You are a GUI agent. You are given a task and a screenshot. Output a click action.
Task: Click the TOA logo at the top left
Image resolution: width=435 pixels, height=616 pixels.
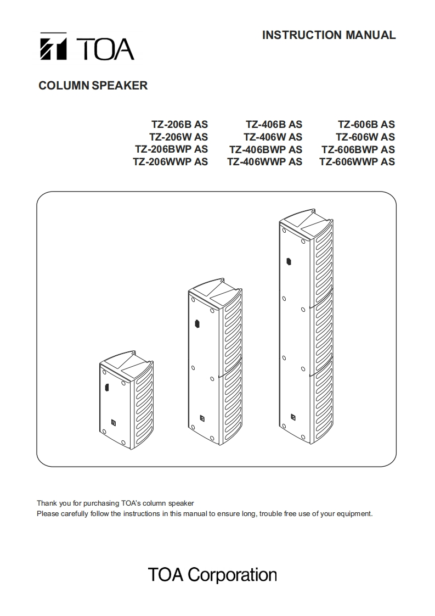[x=86, y=48]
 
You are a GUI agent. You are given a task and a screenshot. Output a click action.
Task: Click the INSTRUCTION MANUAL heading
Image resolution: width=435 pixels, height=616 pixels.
[x=329, y=35]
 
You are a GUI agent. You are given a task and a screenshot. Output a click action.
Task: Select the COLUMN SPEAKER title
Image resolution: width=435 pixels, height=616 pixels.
[x=93, y=86]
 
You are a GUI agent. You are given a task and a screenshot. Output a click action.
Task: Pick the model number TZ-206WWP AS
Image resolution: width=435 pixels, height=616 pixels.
[x=170, y=162]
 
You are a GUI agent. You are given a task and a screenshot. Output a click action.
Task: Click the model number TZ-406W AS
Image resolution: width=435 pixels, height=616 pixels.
[x=273, y=137]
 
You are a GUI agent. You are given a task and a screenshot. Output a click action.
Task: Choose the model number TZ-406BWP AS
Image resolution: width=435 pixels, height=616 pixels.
[x=265, y=149]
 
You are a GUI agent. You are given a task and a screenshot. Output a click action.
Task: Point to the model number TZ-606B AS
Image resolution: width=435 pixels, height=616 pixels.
[x=366, y=125]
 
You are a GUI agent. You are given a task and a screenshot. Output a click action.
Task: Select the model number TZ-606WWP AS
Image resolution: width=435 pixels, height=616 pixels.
[x=357, y=162]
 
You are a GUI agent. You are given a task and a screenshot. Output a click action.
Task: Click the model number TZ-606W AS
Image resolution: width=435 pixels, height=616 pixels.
[x=365, y=137]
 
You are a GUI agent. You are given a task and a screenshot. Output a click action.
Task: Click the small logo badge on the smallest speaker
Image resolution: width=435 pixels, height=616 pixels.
[x=113, y=422]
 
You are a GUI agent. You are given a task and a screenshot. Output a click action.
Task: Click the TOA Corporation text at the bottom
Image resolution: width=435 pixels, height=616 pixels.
[x=212, y=575]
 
